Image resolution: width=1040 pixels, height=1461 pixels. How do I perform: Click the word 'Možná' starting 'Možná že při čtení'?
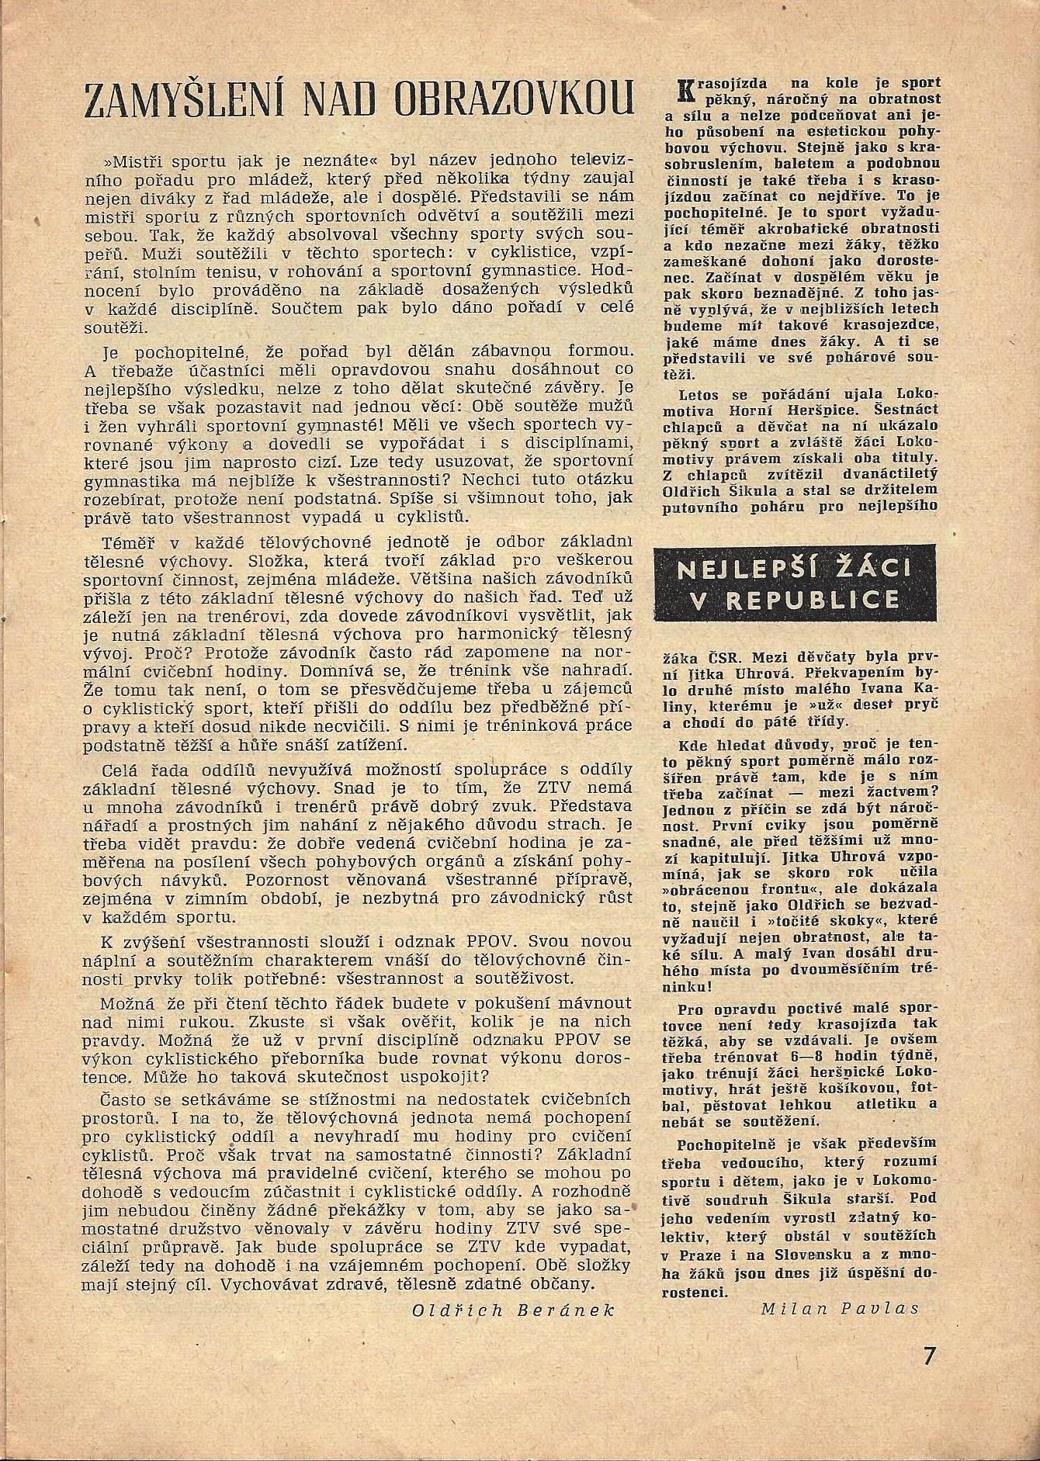(126, 1002)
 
